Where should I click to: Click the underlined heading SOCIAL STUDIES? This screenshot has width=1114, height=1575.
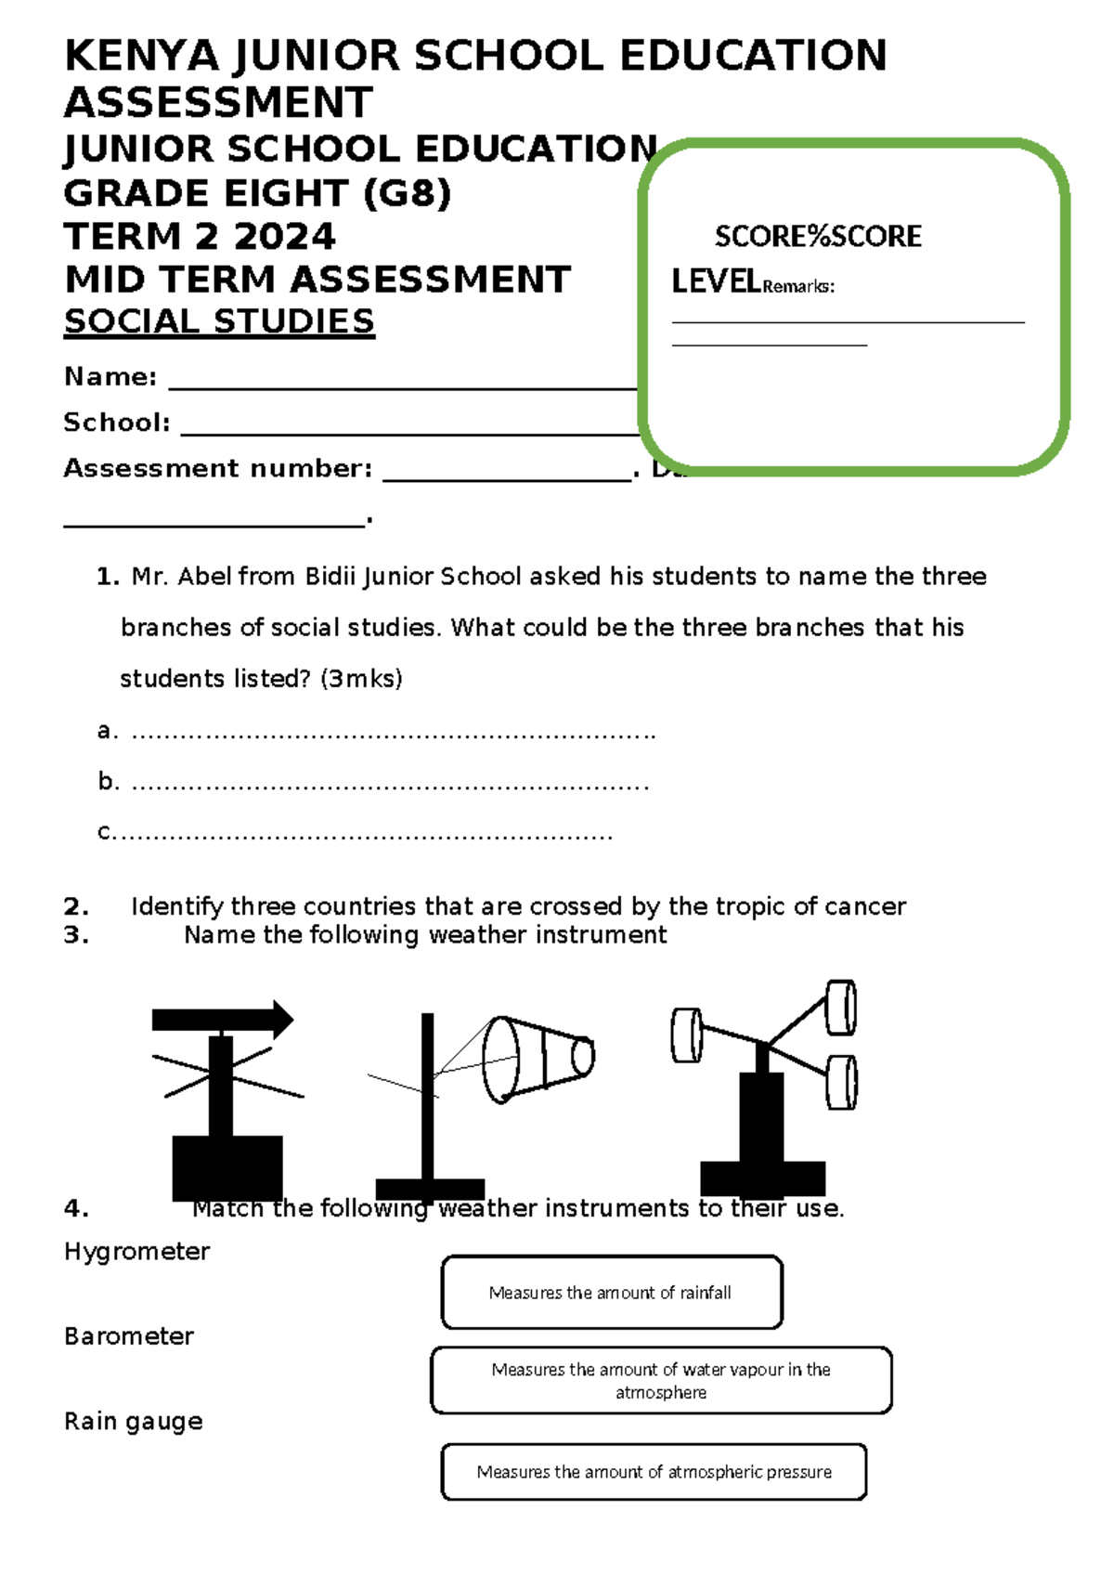pyautogui.click(x=219, y=321)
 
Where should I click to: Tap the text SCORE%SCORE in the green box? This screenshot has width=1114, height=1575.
pyautogui.click(x=818, y=236)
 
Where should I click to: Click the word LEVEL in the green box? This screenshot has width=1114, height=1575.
pyautogui.click(x=716, y=281)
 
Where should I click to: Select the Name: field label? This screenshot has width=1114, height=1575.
pyautogui.click(x=110, y=376)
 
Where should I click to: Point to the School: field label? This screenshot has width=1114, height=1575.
pyautogui.click(x=117, y=423)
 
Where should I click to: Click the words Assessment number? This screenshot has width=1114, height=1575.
pyautogui.click(x=218, y=468)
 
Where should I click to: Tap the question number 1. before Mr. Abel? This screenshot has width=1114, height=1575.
pyautogui.click(x=108, y=577)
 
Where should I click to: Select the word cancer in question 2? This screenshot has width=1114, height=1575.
pyautogui.click(x=864, y=906)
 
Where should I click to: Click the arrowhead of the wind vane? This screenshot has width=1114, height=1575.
pyautogui.click(x=278, y=1020)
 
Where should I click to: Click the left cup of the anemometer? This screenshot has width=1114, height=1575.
pyautogui.click(x=687, y=1035)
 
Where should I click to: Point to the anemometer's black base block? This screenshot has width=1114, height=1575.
pyautogui.click(x=762, y=1178)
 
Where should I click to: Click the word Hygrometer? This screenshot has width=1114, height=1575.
pyautogui.click(x=136, y=1252)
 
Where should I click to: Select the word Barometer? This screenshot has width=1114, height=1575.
pyautogui.click(x=129, y=1336)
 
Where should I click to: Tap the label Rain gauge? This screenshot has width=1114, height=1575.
pyautogui.click(x=134, y=1421)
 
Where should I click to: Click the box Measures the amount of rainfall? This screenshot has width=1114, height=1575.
pyautogui.click(x=612, y=1293)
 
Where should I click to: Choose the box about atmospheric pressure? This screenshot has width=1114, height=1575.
pyautogui.click(x=654, y=1472)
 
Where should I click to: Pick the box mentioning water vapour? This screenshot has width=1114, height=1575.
pyautogui.click(x=661, y=1380)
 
